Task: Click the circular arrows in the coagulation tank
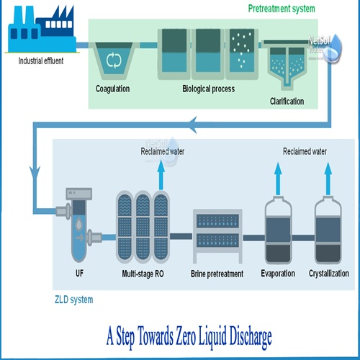click(x=114, y=60)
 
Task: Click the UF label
click(x=80, y=274)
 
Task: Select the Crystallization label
click(x=329, y=274)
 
